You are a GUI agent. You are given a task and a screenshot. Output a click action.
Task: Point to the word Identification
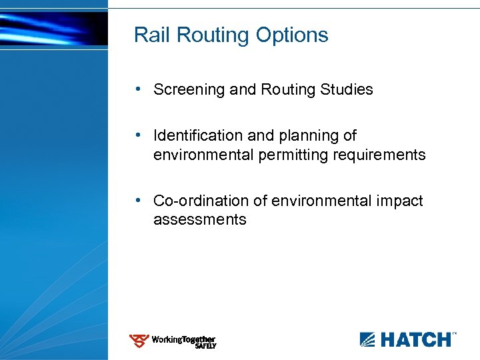coord(198,136)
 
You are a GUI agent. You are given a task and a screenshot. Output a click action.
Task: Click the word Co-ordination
coord(196,201)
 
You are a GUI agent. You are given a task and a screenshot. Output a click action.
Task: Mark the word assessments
coord(200,219)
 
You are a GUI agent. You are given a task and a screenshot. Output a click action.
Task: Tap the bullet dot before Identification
coord(137,135)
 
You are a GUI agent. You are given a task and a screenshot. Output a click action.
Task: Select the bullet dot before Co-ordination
coord(137,200)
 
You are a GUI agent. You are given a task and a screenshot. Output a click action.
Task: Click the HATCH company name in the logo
coord(415,340)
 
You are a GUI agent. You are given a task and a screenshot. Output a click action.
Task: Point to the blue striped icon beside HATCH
coord(368,340)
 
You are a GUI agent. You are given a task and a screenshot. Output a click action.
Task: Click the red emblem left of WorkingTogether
coord(139,341)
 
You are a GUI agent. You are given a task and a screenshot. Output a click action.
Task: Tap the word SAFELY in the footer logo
coord(205,346)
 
